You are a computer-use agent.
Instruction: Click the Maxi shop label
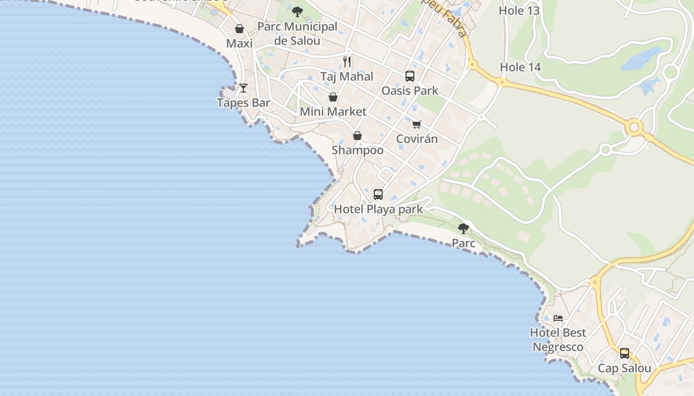click(x=239, y=44)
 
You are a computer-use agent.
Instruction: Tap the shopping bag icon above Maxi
click(x=239, y=29)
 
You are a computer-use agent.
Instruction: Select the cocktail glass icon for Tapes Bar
click(x=243, y=88)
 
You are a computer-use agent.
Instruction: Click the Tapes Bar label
click(x=243, y=103)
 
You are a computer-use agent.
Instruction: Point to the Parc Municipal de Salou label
click(x=297, y=34)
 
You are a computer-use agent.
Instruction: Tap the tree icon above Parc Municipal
click(x=297, y=12)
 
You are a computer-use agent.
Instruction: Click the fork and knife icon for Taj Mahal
click(x=347, y=62)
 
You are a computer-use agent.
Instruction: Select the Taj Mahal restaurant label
click(x=347, y=77)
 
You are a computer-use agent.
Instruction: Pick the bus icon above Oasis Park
click(x=410, y=76)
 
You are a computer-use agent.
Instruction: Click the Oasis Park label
click(x=410, y=91)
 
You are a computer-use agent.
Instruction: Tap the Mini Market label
click(x=333, y=112)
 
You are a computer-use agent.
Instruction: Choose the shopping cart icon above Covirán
click(x=417, y=124)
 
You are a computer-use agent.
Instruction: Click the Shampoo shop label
click(x=357, y=150)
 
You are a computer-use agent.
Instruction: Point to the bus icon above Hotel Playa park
click(x=378, y=195)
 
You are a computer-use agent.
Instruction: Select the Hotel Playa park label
click(x=378, y=209)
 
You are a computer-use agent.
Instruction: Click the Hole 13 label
click(x=519, y=11)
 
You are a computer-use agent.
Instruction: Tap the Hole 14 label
click(x=520, y=67)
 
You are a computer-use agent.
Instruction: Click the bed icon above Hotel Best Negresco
click(x=558, y=318)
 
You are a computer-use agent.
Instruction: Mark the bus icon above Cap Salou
click(x=625, y=353)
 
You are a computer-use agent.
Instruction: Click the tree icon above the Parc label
click(x=463, y=229)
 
